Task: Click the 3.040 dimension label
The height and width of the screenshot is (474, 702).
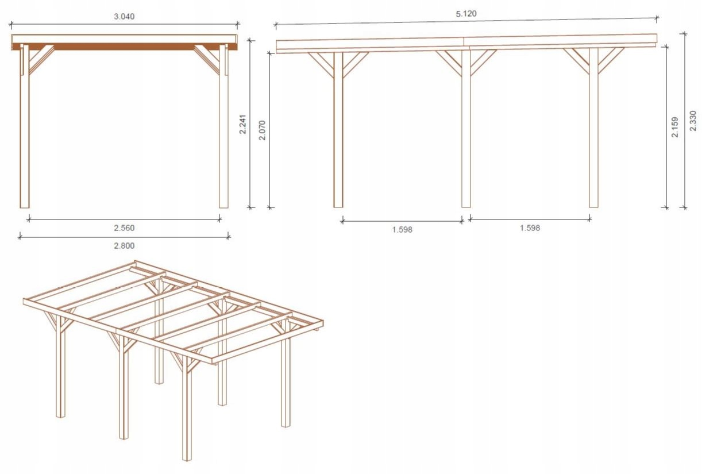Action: click(x=124, y=16)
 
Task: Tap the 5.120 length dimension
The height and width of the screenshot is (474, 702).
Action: click(x=466, y=13)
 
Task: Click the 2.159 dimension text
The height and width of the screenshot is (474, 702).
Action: click(x=675, y=127)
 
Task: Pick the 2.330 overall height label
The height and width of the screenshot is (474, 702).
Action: click(x=692, y=121)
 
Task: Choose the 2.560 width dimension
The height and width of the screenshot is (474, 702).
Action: click(x=124, y=228)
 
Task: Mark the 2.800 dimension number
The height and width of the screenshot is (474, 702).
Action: click(x=124, y=245)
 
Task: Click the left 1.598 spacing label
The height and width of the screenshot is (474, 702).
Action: click(x=402, y=229)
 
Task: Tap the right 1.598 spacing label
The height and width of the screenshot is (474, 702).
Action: click(x=530, y=228)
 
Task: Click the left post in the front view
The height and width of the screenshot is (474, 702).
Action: click(x=25, y=132)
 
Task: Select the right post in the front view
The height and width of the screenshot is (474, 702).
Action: click(x=223, y=132)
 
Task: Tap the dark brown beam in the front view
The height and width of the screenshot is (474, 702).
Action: click(x=124, y=47)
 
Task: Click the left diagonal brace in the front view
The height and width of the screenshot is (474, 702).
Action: click(x=40, y=59)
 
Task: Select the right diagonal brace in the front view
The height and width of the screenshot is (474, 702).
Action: click(x=208, y=59)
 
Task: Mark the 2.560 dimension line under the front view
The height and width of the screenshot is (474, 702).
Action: click(x=124, y=218)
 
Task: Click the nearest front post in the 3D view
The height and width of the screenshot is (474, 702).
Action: click(x=187, y=414)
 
